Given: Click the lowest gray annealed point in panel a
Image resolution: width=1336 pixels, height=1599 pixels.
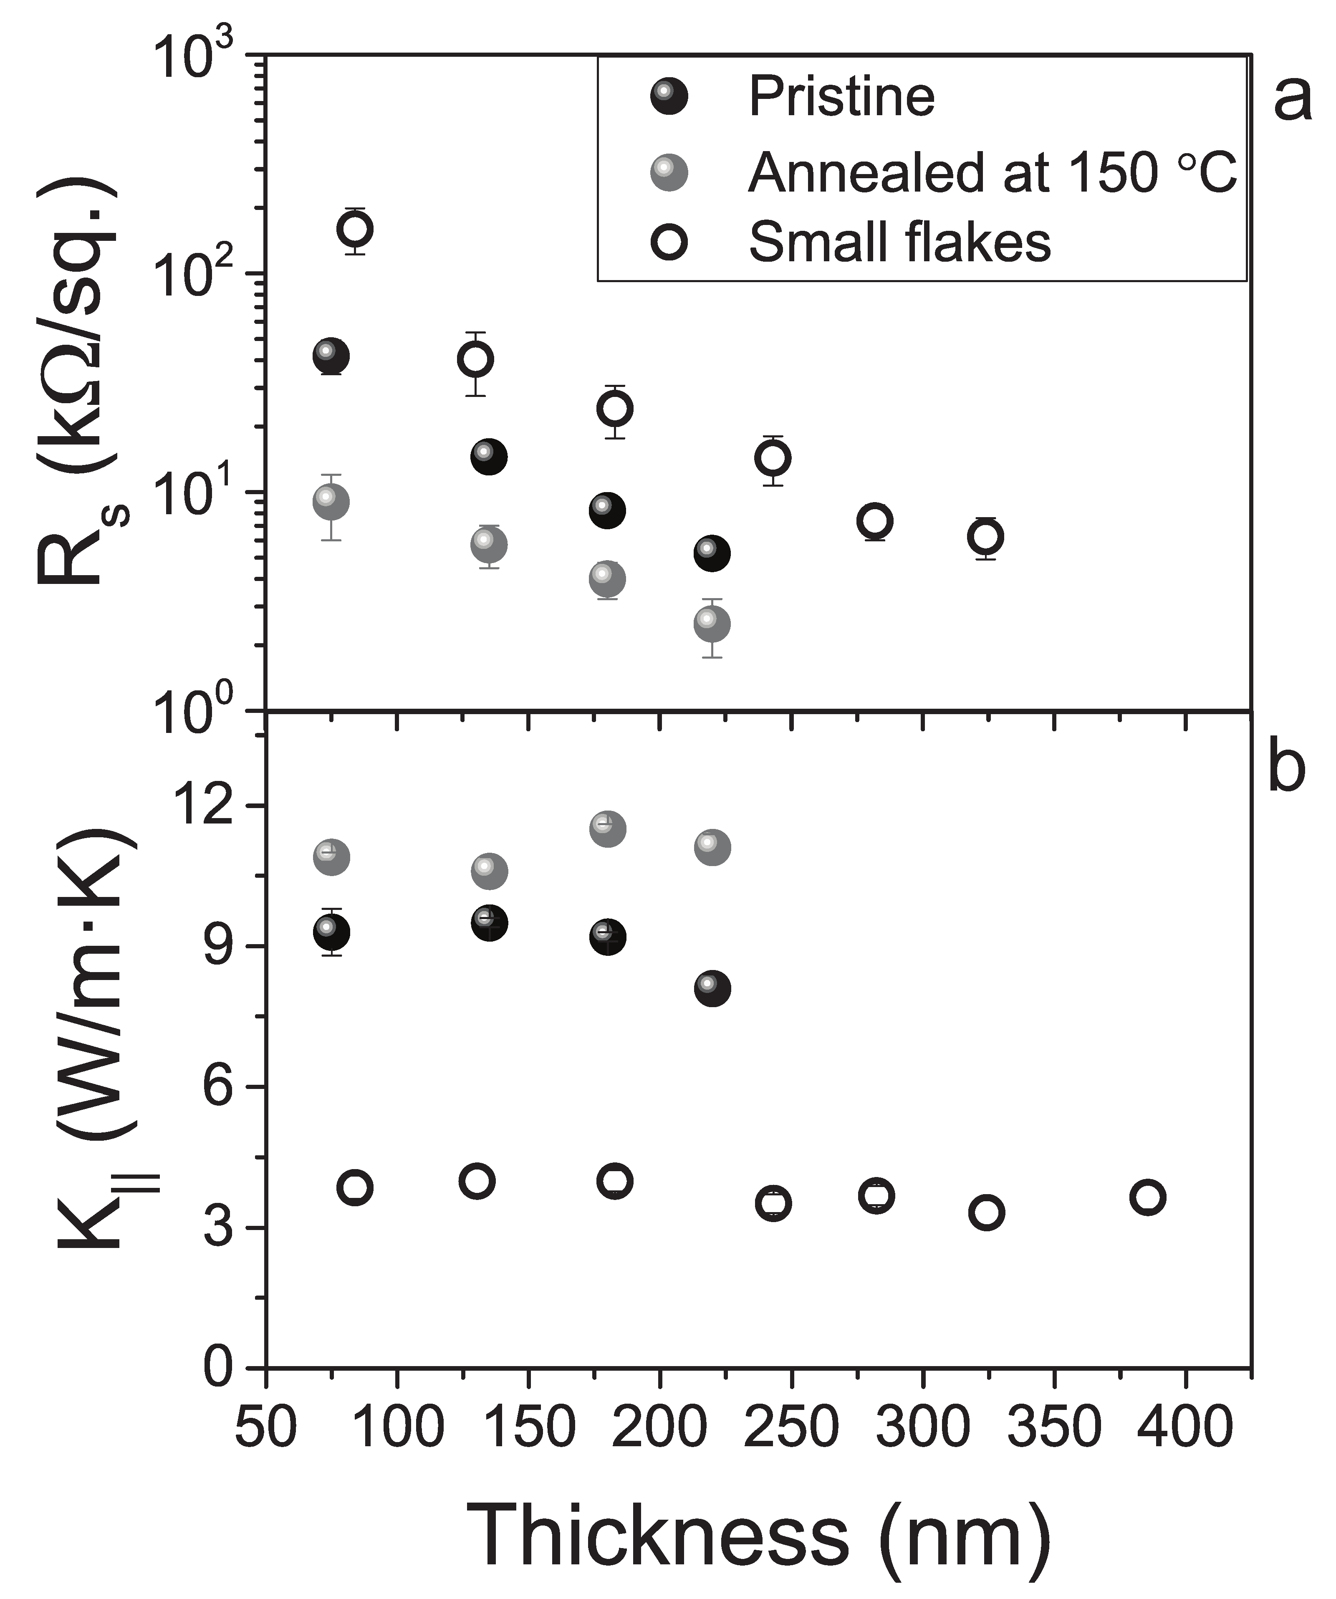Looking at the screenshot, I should (712, 624).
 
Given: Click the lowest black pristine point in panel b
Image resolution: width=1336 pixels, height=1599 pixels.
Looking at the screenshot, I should (712, 988).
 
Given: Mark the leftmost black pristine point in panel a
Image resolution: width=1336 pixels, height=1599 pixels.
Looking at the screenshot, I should (331, 356).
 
